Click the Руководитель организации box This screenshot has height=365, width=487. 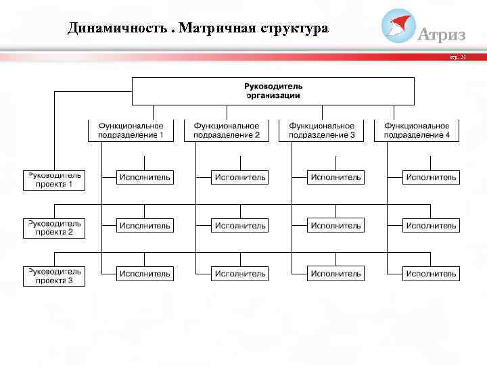point(273,91)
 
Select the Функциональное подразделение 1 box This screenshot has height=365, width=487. point(131,130)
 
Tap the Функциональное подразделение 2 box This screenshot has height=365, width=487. point(227,130)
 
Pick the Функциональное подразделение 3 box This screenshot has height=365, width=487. point(321,130)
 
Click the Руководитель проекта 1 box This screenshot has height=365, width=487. point(54,179)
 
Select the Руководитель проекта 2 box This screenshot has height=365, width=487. point(54,228)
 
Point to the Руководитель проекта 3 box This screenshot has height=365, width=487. point(54,276)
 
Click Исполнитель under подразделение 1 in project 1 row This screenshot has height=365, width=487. point(145,178)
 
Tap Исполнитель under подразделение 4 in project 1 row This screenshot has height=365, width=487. point(431,178)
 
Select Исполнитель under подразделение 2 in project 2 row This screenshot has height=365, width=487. point(240,226)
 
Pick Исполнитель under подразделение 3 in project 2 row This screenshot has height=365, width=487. point(335,226)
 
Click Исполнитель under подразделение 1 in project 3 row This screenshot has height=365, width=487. point(145,274)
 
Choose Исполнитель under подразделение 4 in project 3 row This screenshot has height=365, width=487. point(431,274)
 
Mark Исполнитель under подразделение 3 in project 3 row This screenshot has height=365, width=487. point(335,274)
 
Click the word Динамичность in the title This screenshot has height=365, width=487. point(118,29)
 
